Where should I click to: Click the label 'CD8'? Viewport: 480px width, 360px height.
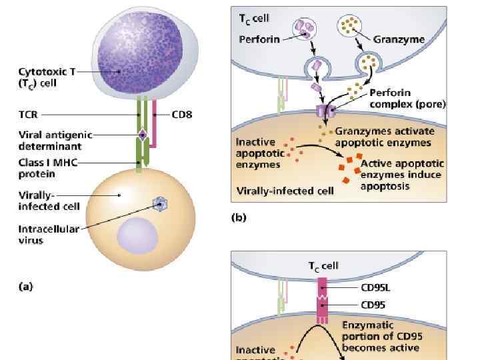[x=181, y=115]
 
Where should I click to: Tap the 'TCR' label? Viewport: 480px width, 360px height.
[x=27, y=115]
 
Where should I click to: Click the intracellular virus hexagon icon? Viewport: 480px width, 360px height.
[x=159, y=203]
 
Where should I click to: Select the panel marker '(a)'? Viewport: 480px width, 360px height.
[x=24, y=287]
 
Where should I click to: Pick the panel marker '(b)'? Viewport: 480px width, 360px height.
[x=238, y=217]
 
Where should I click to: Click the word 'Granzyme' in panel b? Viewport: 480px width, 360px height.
[x=399, y=39]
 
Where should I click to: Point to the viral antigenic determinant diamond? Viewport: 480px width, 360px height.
[x=142, y=135]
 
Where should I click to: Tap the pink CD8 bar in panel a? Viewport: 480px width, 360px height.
[x=154, y=123]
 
